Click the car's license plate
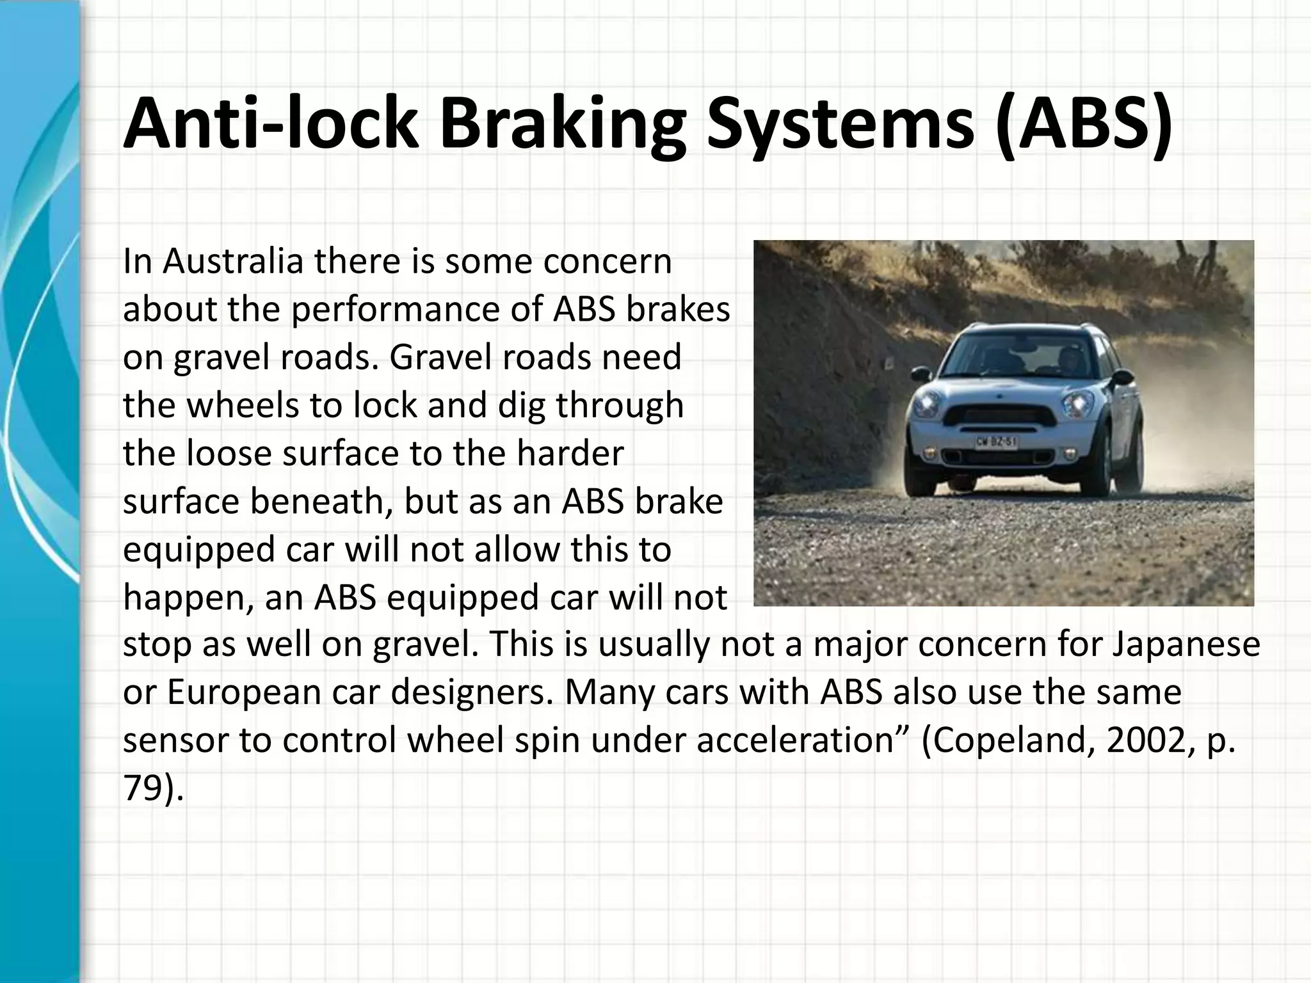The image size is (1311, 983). [997, 442]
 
